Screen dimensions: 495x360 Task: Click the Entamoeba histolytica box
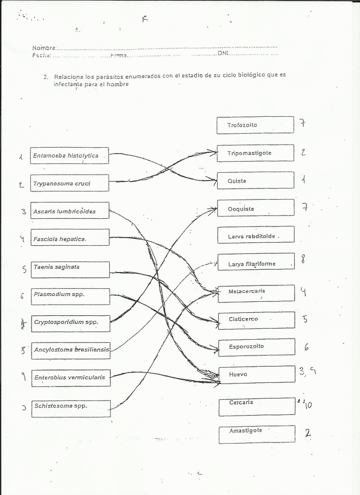tap(69, 156)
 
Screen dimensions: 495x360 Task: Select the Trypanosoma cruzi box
tap(69, 183)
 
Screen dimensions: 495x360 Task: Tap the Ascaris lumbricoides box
tap(69, 211)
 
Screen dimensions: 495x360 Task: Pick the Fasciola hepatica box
tap(69, 238)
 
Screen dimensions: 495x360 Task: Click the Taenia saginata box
tap(69, 269)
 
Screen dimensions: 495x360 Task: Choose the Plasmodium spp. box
tap(69, 296)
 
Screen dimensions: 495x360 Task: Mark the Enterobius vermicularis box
tap(69, 378)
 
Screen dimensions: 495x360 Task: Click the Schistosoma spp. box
tap(69, 407)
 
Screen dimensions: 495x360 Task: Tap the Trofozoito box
tap(255, 125)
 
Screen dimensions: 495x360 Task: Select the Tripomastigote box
tap(255, 153)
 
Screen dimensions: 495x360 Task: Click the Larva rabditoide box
tap(255, 236)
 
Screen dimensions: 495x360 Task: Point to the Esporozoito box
tap(255, 347)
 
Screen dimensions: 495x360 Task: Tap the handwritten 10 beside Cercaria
tap(307, 404)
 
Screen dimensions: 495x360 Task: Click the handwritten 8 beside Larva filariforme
tap(303, 259)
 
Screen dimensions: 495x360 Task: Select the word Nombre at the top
tap(44, 48)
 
